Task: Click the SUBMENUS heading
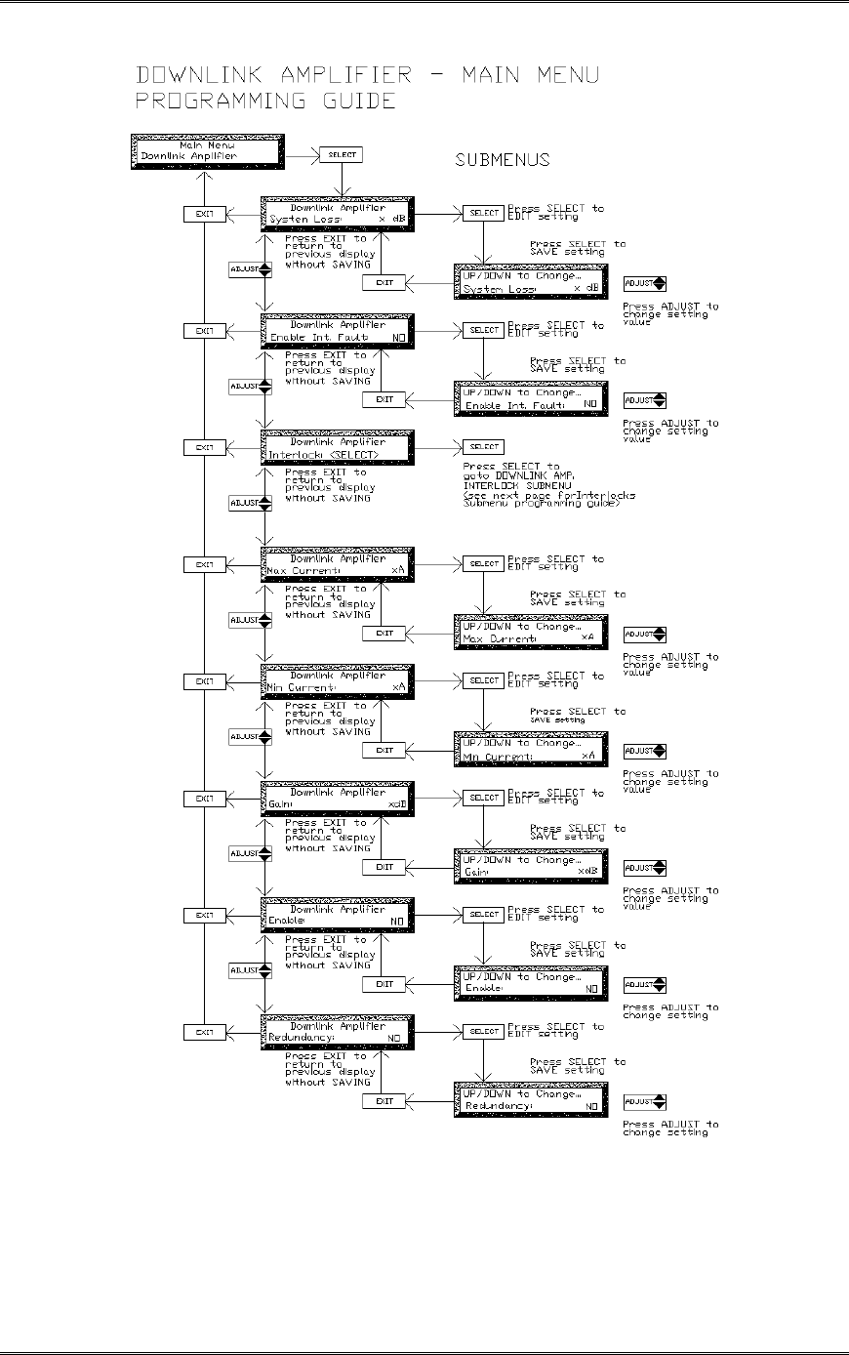click(x=502, y=160)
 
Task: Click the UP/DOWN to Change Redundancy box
click(x=530, y=1100)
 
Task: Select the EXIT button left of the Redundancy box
click(x=205, y=1032)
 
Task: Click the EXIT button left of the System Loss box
click(x=205, y=214)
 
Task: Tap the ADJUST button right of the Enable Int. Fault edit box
click(x=645, y=400)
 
